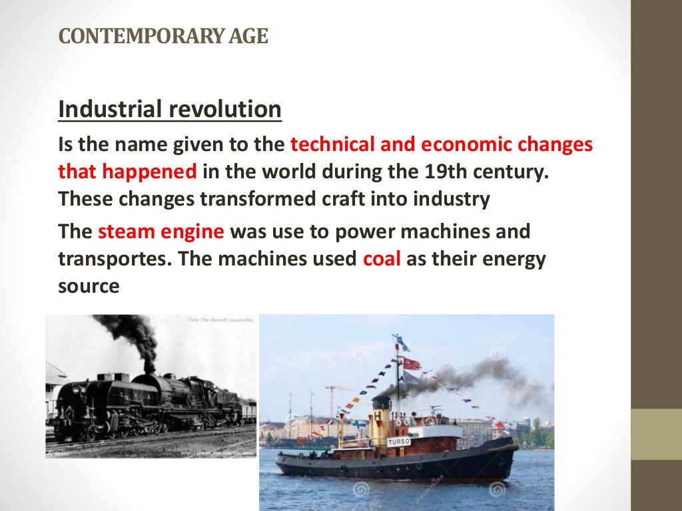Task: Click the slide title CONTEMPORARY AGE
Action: [163, 36]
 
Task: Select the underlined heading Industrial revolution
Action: [170, 110]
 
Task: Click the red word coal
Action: [382, 259]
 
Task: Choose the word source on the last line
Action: [89, 286]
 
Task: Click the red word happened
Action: [150, 172]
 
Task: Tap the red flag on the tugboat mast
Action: [412, 363]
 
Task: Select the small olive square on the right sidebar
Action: [656, 434]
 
